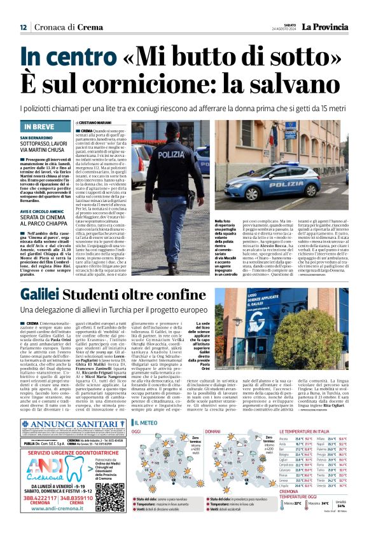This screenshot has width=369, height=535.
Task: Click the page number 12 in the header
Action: point(23,27)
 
